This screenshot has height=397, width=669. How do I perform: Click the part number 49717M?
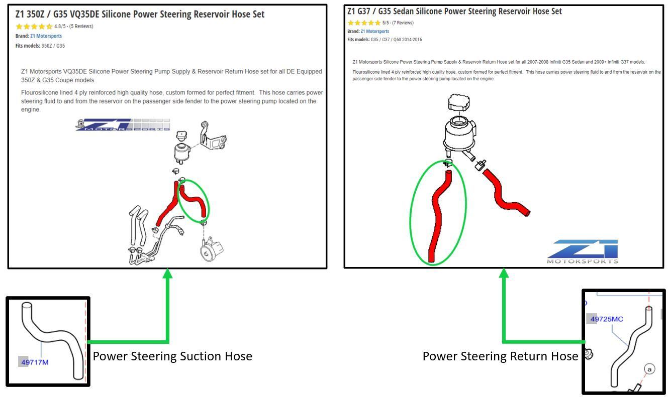[34, 362]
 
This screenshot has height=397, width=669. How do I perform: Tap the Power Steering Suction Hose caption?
[172, 356]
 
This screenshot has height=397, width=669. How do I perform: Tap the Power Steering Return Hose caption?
[500, 356]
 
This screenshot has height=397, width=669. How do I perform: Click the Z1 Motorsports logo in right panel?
[583, 251]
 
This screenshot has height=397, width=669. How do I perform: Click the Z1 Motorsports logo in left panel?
[123, 125]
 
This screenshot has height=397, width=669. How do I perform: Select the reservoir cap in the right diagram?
[461, 104]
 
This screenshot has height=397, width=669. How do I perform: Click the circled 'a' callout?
[649, 369]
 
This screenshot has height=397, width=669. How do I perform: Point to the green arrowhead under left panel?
[167, 274]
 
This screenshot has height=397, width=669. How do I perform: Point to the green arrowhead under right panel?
[504, 273]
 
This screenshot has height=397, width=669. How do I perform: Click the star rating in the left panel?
[34, 27]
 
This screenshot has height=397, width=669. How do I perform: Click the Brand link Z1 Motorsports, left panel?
[46, 36]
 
